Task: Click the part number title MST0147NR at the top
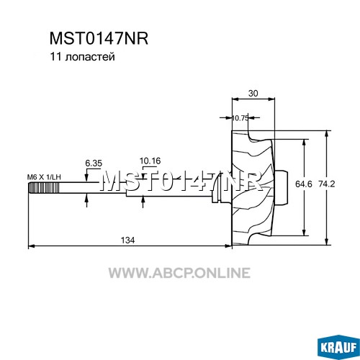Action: point(99,39)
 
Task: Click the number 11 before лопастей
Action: point(55,57)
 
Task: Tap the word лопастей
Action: point(90,58)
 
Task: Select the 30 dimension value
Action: point(253,93)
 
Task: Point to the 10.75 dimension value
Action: point(240,118)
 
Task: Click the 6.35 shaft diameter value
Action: point(94,163)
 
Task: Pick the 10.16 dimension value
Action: point(150,161)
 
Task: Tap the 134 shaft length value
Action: point(127,240)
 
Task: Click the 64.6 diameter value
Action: point(304,184)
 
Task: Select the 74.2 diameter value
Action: point(327,184)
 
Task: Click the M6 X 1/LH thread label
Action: point(44,177)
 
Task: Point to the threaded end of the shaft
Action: point(44,187)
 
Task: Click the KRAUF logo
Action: point(338,347)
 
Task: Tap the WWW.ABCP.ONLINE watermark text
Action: point(179,273)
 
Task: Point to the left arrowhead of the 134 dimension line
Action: point(32,246)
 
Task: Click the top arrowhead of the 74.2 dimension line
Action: point(326,134)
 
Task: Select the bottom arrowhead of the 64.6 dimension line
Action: point(304,232)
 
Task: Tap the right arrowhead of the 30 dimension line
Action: point(271,99)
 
